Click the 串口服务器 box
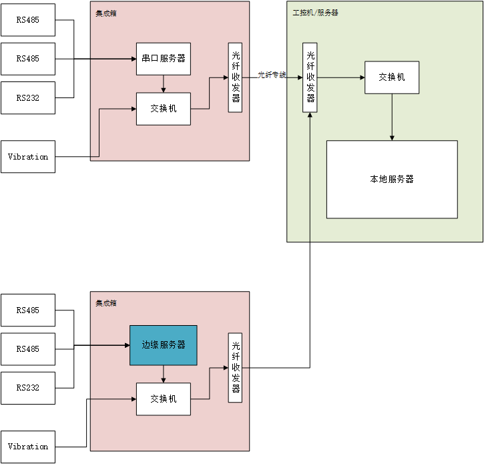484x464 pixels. (x=164, y=59)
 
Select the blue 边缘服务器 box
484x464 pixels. (x=164, y=345)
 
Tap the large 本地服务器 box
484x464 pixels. (x=392, y=179)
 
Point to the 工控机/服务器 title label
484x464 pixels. (x=315, y=13)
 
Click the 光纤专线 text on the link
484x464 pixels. (x=272, y=75)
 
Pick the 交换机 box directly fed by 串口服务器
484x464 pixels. (x=164, y=108)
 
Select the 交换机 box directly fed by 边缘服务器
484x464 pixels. (x=164, y=399)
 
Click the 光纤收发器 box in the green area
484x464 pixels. (x=310, y=77)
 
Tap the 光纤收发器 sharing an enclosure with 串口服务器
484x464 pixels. (x=235, y=77)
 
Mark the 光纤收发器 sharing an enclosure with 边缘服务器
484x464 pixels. (x=235, y=367)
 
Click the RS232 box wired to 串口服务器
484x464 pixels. (x=28, y=98)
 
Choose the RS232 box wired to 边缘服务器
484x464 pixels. (x=28, y=388)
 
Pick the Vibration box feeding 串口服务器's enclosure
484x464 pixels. (x=28, y=157)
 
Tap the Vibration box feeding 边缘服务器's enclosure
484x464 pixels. (x=28, y=446)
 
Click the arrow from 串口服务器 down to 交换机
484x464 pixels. (x=164, y=84)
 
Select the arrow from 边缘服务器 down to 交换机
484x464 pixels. (x=164, y=375)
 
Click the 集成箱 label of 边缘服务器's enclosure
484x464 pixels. (x=106, y=303)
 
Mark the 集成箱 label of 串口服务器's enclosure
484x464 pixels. (x=105, y=13)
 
